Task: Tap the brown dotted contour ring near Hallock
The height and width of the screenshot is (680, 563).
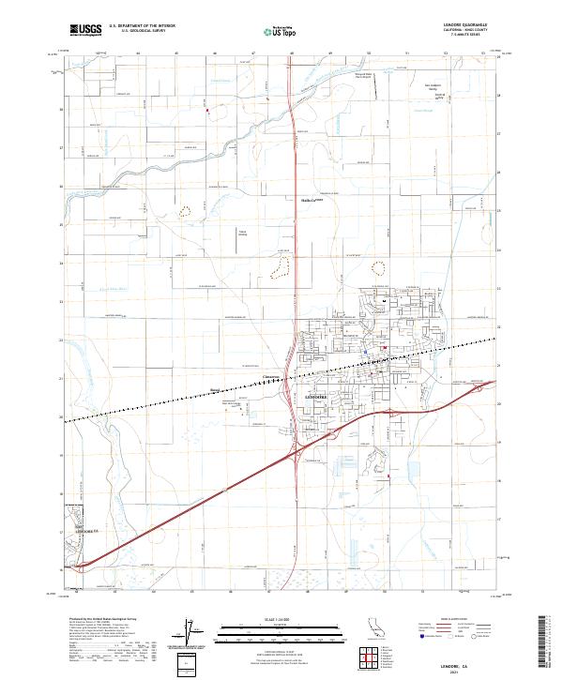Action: click(x=279, y=270)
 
